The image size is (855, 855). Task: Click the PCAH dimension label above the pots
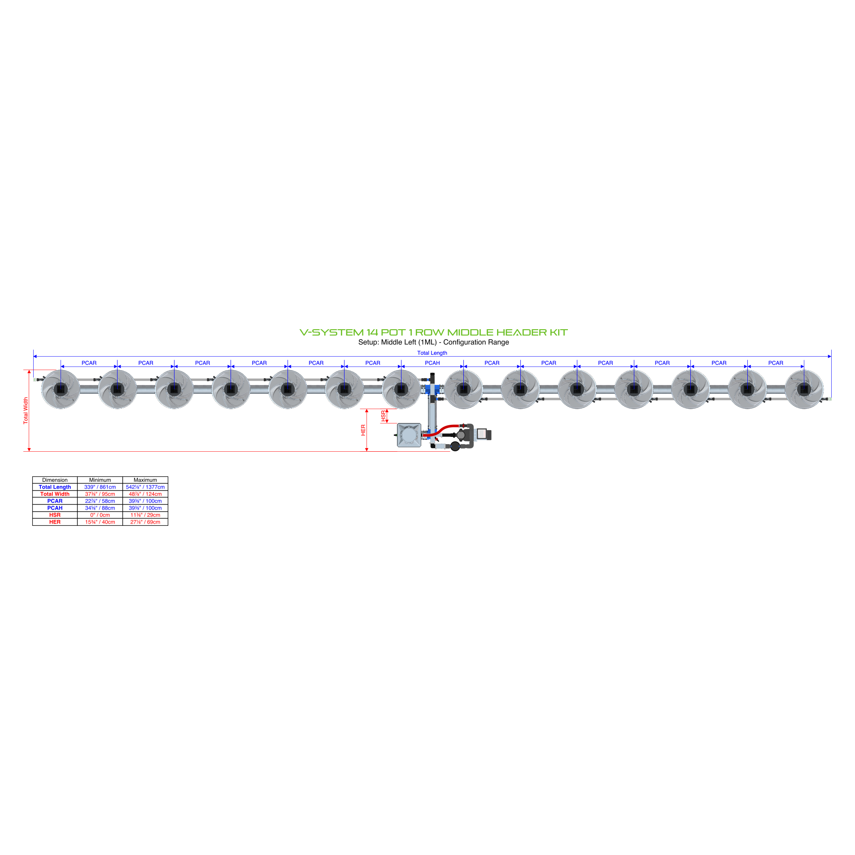pos(432,363)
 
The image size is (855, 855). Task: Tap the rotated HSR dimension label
pos(383,416)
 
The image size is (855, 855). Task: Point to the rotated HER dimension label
pos(363,430)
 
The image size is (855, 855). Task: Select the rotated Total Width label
pos(26,410)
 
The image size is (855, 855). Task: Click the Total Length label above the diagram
pos(432,353)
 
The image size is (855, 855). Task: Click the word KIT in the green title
pos(558,332)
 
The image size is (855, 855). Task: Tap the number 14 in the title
pos(372,332)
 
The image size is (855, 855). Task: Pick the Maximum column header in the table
pos(145,480)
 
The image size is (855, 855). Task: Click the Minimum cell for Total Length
pos(100,487)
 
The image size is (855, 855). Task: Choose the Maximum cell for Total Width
pos(145,494)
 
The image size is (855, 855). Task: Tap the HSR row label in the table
pos(55,515)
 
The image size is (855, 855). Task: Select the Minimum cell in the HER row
pos(100,522)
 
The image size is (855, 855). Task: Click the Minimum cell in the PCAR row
pos(100,501)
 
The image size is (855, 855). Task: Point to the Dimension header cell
pos(55,480)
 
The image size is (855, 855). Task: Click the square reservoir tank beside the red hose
pos(409,435)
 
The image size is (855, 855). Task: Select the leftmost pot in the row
pos(61,389)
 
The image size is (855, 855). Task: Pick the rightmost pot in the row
pos(804,389)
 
